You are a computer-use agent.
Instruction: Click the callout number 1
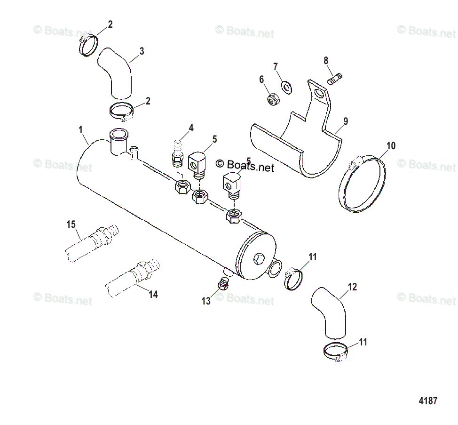pos(80,128)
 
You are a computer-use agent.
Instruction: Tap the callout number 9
pos(346,121)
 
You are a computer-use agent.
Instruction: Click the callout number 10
pos(391,145)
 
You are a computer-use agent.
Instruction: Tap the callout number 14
pos(153,295)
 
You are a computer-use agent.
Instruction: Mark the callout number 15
pos(71,225)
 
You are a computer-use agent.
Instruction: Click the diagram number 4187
pos(428,401)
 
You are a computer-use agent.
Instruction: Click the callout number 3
pos(142,51)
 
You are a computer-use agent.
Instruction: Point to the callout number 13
pos(206,302)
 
